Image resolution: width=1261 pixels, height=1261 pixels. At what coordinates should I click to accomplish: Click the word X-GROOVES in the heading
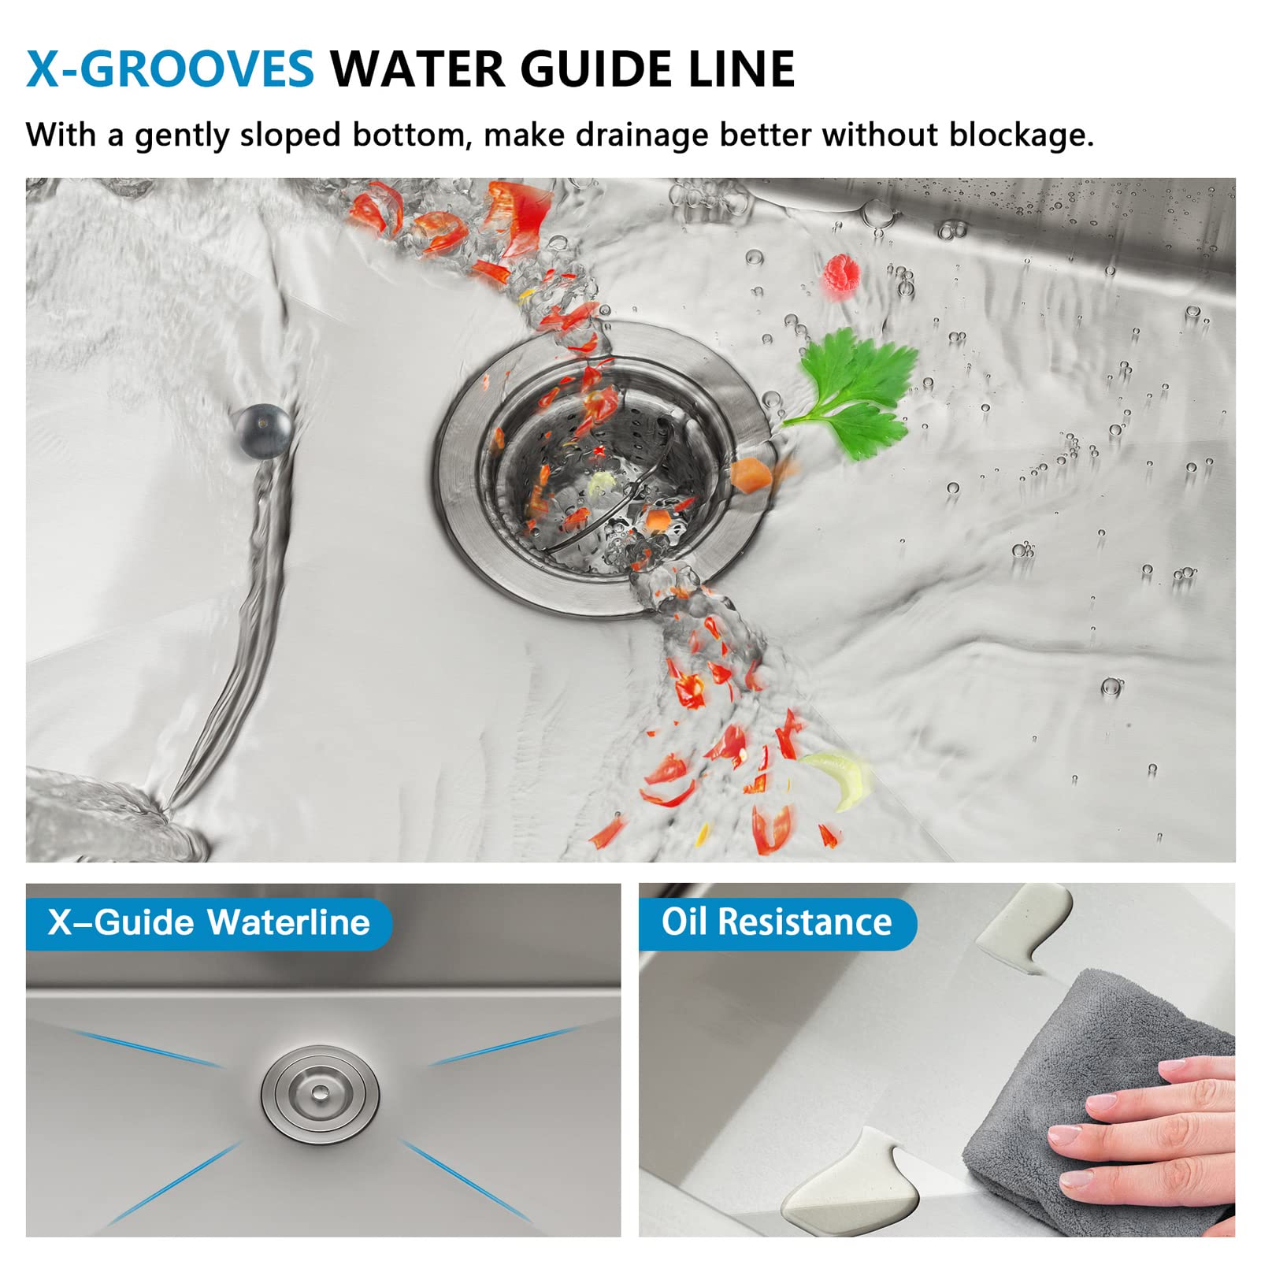coord(170,69)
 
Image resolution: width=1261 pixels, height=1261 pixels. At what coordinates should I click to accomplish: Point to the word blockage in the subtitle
coord(1021,135)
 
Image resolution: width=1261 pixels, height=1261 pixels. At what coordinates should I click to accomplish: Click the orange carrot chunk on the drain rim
coord(751,476)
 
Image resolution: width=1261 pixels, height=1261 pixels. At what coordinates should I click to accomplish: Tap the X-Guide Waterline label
coord(209,922)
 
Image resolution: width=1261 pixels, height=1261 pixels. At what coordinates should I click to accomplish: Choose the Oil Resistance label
coord(777,922)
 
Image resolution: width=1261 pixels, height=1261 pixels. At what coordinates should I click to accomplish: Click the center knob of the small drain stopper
coord(320,1092)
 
